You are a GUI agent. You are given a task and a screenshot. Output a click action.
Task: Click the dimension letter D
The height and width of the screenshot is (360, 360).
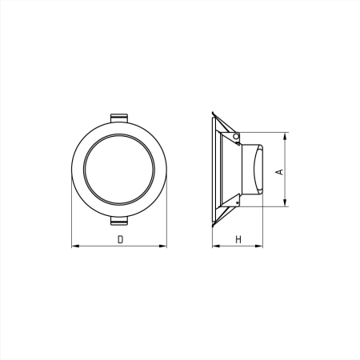click(120, 239)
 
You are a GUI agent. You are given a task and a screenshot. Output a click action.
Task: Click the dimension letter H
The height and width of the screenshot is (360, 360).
click(238, 239)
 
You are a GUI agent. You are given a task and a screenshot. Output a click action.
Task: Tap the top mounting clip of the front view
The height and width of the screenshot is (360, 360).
click(118, 117)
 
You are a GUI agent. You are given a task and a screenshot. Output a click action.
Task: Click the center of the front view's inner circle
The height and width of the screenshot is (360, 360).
click(119, 170)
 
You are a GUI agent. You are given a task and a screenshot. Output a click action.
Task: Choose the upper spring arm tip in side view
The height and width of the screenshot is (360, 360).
click(214, 112)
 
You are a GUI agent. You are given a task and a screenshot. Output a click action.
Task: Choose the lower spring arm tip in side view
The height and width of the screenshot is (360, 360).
click(214, 226)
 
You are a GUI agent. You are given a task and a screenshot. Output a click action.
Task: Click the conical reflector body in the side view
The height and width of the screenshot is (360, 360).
click(228, 170)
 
